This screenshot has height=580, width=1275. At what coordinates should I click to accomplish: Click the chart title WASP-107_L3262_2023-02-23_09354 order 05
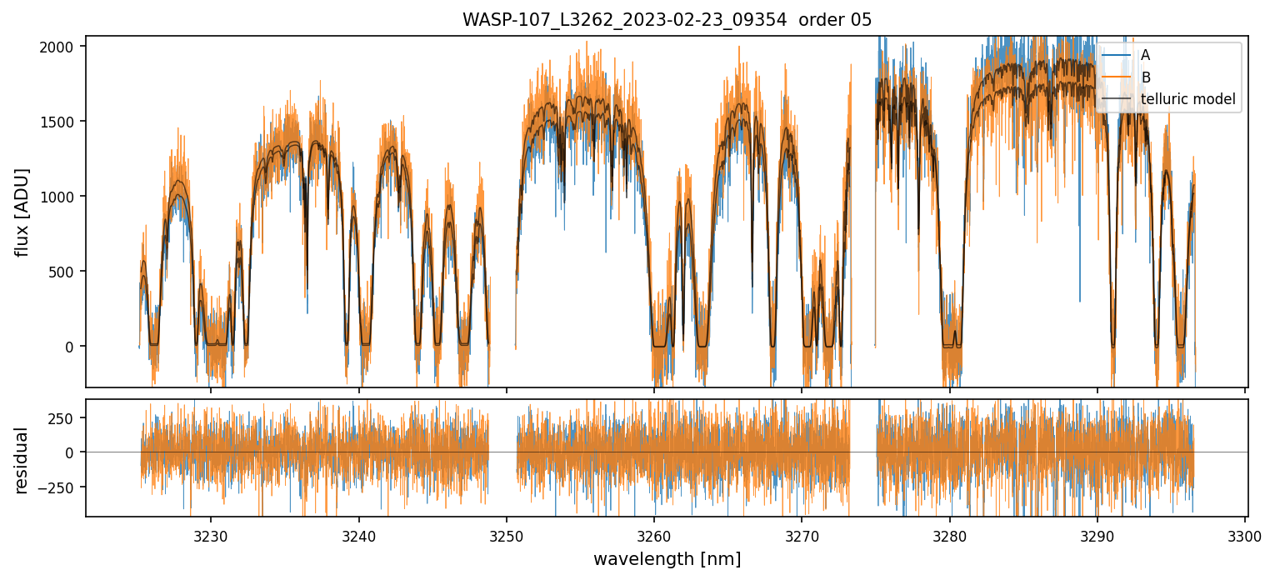click(667, 20)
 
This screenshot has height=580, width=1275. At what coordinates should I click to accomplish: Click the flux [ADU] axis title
click(22, 212)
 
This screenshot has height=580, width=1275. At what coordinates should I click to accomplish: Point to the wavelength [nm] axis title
click(667, 559)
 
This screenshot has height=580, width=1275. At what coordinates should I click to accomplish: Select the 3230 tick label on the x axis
click(210, 536)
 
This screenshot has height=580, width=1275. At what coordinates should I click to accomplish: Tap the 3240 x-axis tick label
click(358, 536)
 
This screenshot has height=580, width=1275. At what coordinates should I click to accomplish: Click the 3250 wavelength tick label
click(506, 536)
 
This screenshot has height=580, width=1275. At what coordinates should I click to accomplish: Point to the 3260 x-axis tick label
click(653, 536)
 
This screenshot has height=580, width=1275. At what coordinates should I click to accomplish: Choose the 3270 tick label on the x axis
click(801, 536)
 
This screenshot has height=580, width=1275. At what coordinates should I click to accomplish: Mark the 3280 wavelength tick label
click(949, 536)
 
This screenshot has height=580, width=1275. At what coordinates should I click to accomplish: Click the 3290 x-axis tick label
click(1097, 536)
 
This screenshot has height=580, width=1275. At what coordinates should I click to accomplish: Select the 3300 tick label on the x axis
click(1244, 536)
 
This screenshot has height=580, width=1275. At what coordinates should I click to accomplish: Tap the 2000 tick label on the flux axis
click(62, 47)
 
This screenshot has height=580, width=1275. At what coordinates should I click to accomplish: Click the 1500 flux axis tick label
click(62, 122)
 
